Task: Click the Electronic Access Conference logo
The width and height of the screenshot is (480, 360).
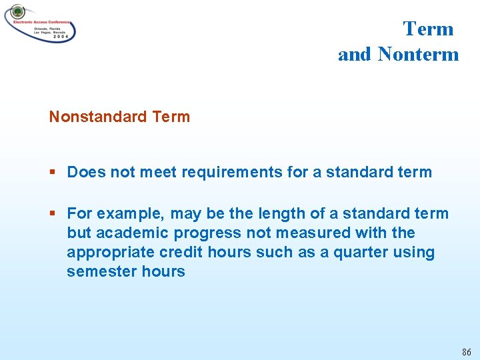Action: point(40,23)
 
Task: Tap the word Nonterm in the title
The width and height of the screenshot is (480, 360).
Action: point(418,55)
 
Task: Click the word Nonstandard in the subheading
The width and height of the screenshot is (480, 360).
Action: point(97,117)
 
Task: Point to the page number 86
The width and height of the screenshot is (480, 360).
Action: point(466,352)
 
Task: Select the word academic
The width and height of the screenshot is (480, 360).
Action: point(127,233)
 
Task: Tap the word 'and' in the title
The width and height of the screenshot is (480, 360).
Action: point(355,55)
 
